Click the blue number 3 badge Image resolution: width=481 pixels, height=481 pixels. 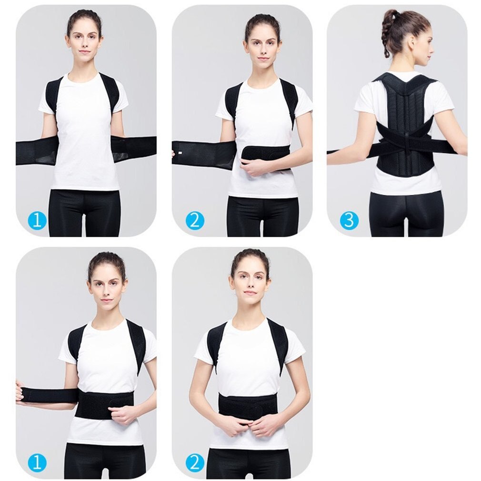[x=349, y=221]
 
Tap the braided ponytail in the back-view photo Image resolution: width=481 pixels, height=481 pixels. [x=386, y=36]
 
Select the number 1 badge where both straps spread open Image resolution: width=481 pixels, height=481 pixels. [x=38, y=221]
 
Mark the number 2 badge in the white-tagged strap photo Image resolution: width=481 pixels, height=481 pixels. [x=194, y=221]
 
